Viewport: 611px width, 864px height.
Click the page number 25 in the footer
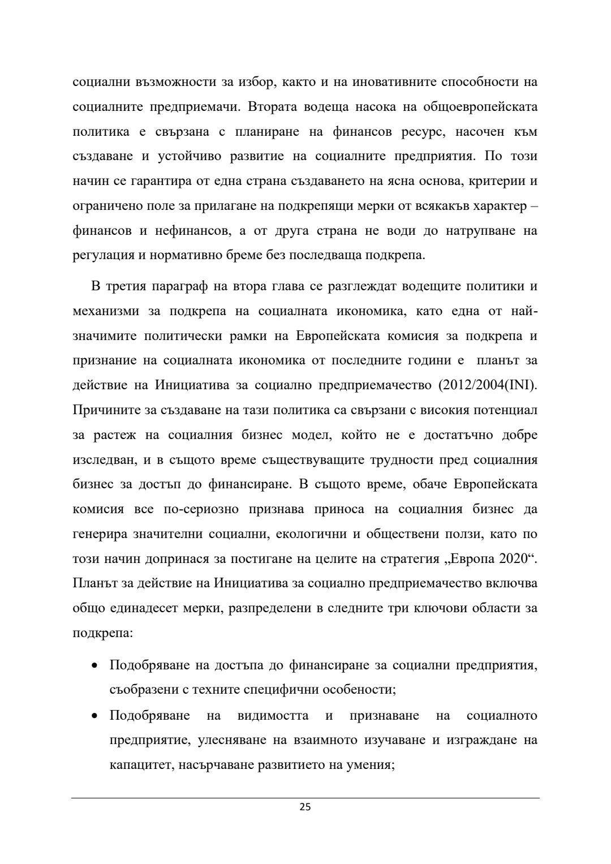(x=305, y=807)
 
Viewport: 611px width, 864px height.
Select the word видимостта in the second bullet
(x=273, y=716)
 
